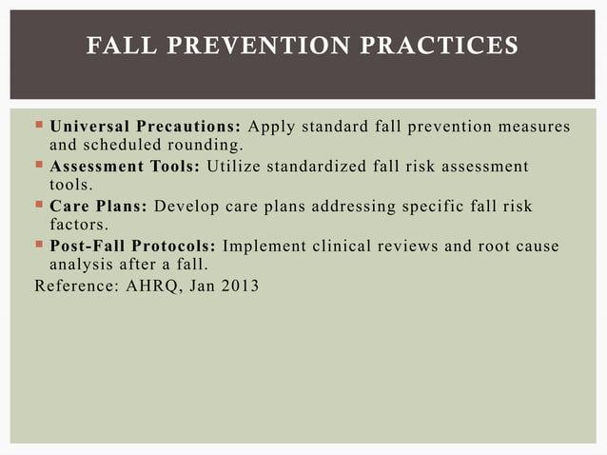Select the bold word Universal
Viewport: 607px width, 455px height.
90,128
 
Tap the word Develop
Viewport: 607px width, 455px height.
186,207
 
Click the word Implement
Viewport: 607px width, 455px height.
265,247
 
